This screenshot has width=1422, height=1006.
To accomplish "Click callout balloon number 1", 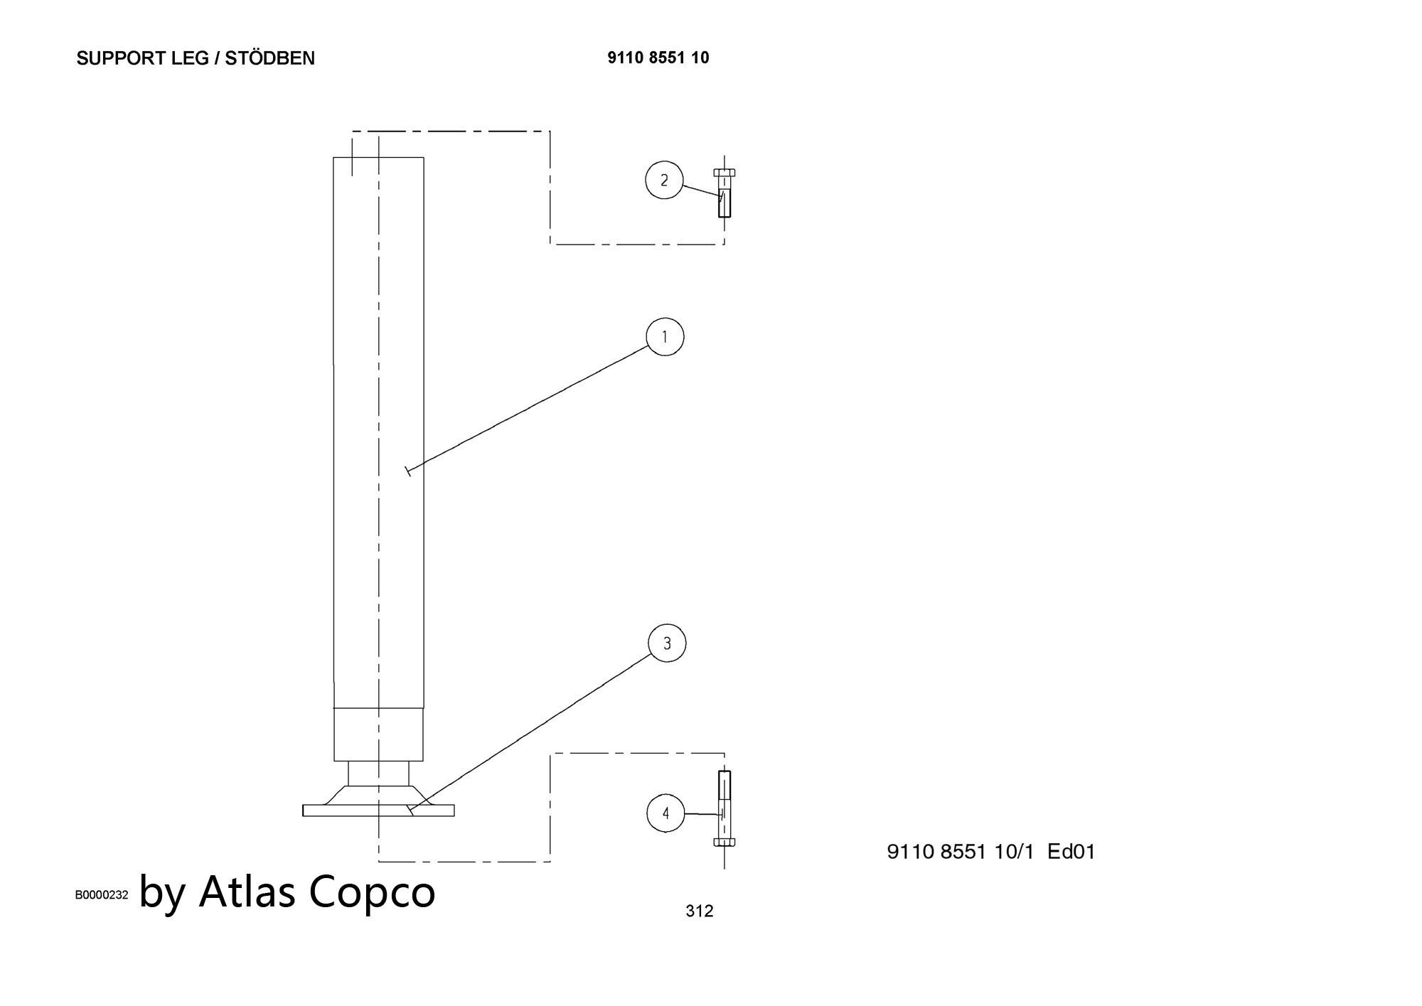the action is tap(665, 336).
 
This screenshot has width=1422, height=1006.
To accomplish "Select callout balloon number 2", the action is tap(664, 180).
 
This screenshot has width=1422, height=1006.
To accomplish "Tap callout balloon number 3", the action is tap(667, 643).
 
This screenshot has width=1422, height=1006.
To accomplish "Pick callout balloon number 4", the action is tap(665, 813).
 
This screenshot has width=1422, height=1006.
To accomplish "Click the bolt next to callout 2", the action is tap(725, 193).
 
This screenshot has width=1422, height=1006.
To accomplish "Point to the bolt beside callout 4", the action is tap(725, 808).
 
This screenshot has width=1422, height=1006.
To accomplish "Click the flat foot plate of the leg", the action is tap(378, 810).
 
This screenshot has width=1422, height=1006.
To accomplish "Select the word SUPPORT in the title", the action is tap(122, 58).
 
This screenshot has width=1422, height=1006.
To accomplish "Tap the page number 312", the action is tap(700, 911).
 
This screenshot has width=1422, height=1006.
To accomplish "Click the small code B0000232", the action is tap(102, 894).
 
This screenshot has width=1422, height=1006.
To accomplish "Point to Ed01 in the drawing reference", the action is tap(1071, 851).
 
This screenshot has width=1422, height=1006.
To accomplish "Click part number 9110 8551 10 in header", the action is tap(658, 58).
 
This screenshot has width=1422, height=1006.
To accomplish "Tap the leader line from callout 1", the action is tap(528, 409).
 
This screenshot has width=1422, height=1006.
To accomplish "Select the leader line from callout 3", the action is tap(531, 733).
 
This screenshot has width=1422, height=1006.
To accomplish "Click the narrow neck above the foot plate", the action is tap(378, 773).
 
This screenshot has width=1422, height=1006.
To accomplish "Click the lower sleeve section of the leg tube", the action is tap(379, 734).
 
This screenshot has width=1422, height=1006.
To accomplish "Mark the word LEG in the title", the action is tap(190, 58).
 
